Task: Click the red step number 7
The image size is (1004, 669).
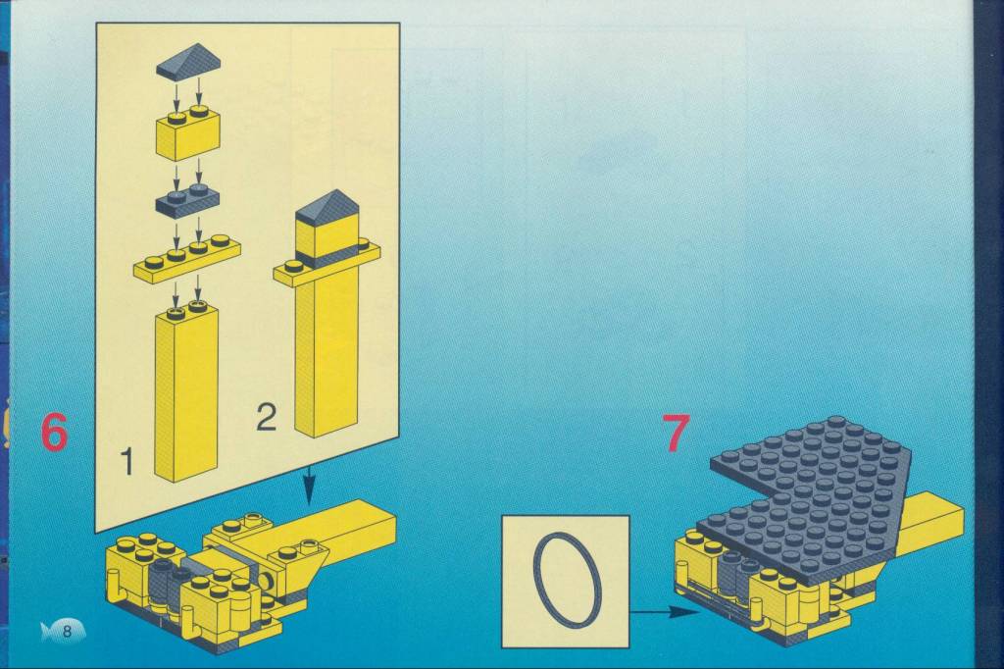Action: pos(677,433)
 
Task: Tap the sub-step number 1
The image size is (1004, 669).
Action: pos(128,461)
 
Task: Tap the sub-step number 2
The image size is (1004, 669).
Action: pos(267,417)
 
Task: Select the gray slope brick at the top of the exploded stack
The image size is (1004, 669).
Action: pos(189,62)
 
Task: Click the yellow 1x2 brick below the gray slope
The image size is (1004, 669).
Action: pos(188,133)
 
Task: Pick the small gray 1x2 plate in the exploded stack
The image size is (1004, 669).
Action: pos(187,199)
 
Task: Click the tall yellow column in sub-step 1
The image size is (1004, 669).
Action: pos(186,392)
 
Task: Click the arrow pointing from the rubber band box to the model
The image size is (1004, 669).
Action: pos(665,612)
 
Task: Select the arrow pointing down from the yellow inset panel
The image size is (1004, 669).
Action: pos(309,486)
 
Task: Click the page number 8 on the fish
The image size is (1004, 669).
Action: pos(67,632)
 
